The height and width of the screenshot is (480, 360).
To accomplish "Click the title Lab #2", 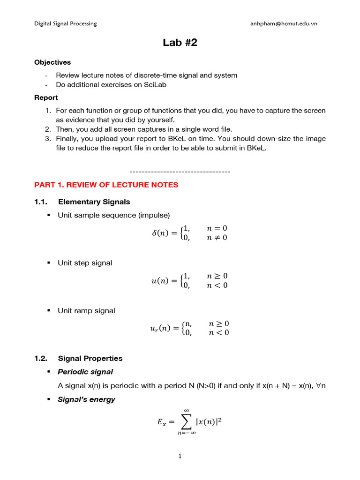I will pyautogui.click(x=180, y=43).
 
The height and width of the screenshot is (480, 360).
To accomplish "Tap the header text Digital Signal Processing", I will pyautogui.click(x=66, y=23).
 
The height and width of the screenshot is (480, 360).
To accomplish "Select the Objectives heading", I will pyautogui.click(x=52, y=62).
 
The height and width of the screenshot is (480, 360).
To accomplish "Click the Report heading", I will pyautogui.click(x=46, y=97).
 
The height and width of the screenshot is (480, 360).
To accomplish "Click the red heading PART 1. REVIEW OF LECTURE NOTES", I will pyautogui.click(x=106, y=185).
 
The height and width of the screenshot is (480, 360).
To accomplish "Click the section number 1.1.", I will pyautogui.click(x=41, y=202).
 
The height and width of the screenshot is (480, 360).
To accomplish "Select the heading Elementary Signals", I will pyautogui.click(x=94, y=202).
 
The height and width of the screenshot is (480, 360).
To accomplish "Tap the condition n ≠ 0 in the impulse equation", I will pyautogui.click(x=217, y=238).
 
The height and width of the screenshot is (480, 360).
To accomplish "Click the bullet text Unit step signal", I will pyautogui.click(x=85, y=263).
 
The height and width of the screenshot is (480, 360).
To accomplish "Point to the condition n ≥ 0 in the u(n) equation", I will pyautogui.click(x=217, y=276).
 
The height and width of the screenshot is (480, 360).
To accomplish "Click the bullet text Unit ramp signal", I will pyautogui.click(x=86, y=311).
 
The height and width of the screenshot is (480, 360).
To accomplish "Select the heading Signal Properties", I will pyautogui.click(x=90, y=358).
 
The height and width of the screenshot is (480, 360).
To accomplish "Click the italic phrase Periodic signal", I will pyautogui.click(x=85, y=372).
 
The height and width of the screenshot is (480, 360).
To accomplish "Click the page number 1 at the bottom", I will pyautogui.click(x=180, y=456).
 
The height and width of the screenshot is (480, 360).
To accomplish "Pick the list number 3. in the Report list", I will pyautogui.click(x=48, y=139).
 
